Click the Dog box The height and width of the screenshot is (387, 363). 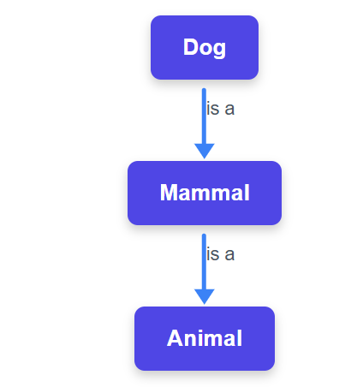click(205, 47)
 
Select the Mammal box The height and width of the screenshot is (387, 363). click(205, 193)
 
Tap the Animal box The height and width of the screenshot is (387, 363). click(205, 338)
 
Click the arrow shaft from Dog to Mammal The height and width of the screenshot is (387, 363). click(204, 116)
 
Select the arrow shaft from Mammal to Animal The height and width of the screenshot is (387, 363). click(204, 262)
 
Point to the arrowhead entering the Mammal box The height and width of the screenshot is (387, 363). click(205, 151)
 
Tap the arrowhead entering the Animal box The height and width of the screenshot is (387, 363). click(205, 296)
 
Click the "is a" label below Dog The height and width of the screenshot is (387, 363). click(220, 109)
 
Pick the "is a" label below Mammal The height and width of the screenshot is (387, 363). click(220, 254)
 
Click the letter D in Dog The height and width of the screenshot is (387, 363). click(190, 47)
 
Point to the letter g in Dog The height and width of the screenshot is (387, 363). click(219, 50)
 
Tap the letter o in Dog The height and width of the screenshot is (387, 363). click(205, 49)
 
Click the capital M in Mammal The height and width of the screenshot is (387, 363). click(169, 193)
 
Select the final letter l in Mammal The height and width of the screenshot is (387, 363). click(247, 193)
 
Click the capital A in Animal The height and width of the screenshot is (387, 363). click(175, 338)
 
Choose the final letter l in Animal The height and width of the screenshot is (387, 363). click(240, 338)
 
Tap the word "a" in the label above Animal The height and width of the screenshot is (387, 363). click(229, 255)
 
